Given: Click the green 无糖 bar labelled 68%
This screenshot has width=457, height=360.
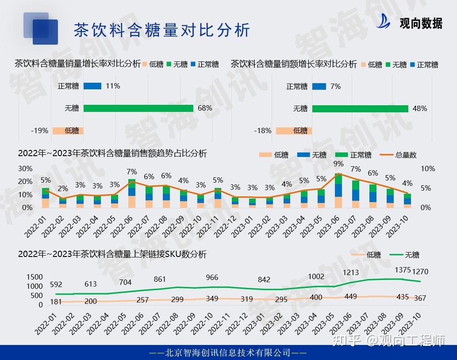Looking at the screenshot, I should (x=138, y=108).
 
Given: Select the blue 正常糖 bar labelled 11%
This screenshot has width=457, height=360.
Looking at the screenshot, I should (x=92, y=86).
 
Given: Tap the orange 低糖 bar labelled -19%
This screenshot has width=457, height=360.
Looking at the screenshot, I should (x=68, y=130).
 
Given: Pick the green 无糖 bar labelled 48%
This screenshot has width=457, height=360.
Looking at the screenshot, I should (x=360, y=108).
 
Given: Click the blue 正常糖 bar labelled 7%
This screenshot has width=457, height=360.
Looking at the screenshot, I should (x=319, y=86).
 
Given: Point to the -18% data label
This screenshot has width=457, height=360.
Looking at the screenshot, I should (x=262, y=130).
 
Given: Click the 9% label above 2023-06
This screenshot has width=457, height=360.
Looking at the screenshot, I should (x=338, y=164).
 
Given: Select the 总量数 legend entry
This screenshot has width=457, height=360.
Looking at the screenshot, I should (x=406, y=155).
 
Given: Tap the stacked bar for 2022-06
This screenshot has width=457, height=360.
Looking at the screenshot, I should (x=132, y=194).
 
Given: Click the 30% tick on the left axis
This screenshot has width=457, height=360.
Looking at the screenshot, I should (x=25, y=169).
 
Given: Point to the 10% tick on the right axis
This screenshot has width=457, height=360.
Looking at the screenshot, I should (x=427, y=169).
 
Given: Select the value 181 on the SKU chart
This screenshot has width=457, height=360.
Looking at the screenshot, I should (x=56, y=302).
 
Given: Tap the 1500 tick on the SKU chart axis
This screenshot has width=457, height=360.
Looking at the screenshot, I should (x=35, y=277).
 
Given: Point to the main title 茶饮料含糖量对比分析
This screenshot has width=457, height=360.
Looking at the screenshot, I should (x=161, y=30).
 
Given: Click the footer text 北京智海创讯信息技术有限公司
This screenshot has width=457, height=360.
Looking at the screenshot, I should (x=228, y=352).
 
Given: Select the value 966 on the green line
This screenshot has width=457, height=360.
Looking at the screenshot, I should (x=212, y=277).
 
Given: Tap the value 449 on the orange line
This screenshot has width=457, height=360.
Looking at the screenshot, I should (x=350, y=296).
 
